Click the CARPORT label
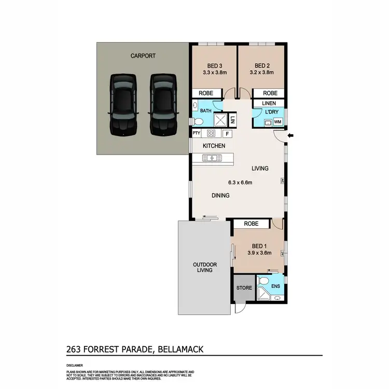[x=143, y=55]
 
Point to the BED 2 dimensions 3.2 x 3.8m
[x=262, y=74]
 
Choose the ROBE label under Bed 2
[x=270, y=93]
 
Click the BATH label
[x=206, y=110]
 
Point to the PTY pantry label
[x=197, y=133]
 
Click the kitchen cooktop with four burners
[x=212, y=133]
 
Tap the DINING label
[x=220, y=196]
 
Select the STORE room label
[x=244, y=288]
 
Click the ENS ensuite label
[x=275, y=286]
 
